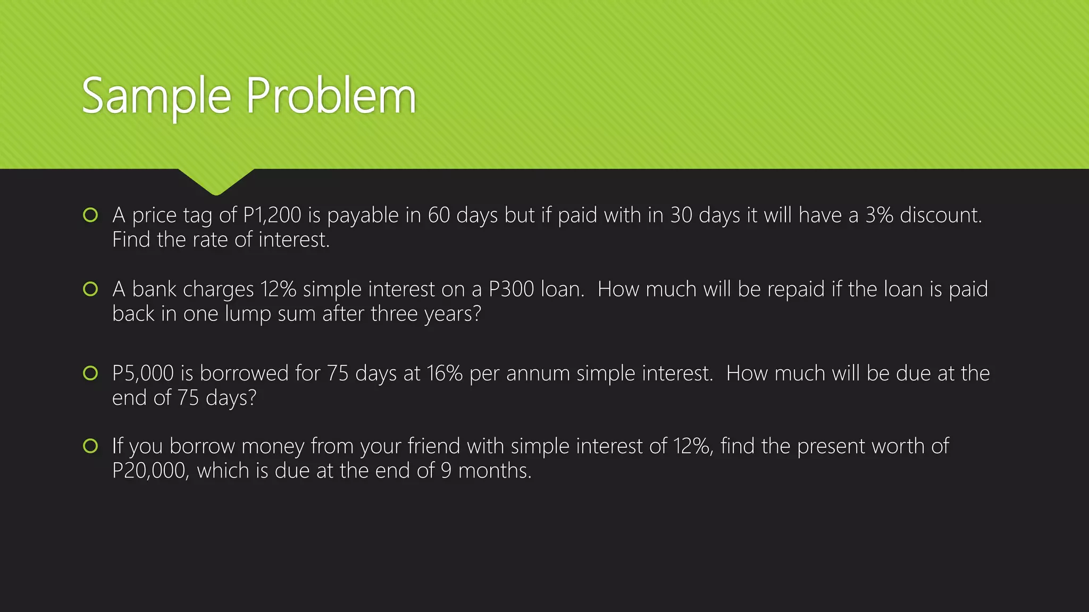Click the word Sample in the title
[156, 97]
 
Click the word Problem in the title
[330, 97]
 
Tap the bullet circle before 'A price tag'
[90, 215]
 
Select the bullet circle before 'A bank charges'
[90, 289]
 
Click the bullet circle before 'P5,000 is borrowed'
[90, 373]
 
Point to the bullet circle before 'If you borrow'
[90, 446]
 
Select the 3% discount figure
[878, 216]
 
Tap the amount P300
[511, 290]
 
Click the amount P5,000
[143, 373]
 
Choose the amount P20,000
[150, 471]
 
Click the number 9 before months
[446, 471]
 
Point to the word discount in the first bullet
[940, 216]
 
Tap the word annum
[538, 373]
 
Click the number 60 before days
[439, 216]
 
